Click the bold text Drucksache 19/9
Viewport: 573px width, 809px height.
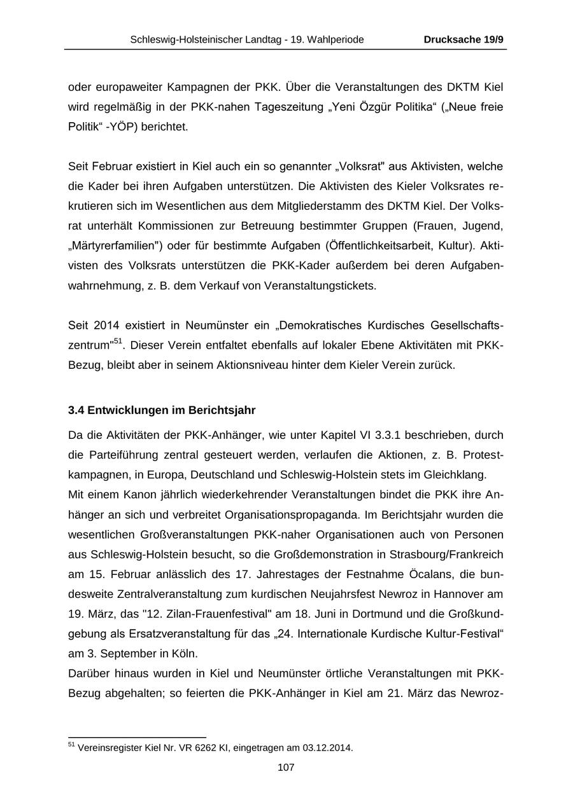(463, 39)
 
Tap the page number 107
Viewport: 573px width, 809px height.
(286, 767)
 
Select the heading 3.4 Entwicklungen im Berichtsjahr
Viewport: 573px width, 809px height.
(162, 410)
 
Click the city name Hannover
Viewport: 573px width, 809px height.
(446, 594)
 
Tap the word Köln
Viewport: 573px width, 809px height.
(185, 653)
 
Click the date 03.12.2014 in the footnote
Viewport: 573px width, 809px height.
(326, 748)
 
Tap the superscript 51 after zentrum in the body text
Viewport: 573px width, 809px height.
(118, 342)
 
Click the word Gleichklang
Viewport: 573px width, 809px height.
(455, 474)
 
